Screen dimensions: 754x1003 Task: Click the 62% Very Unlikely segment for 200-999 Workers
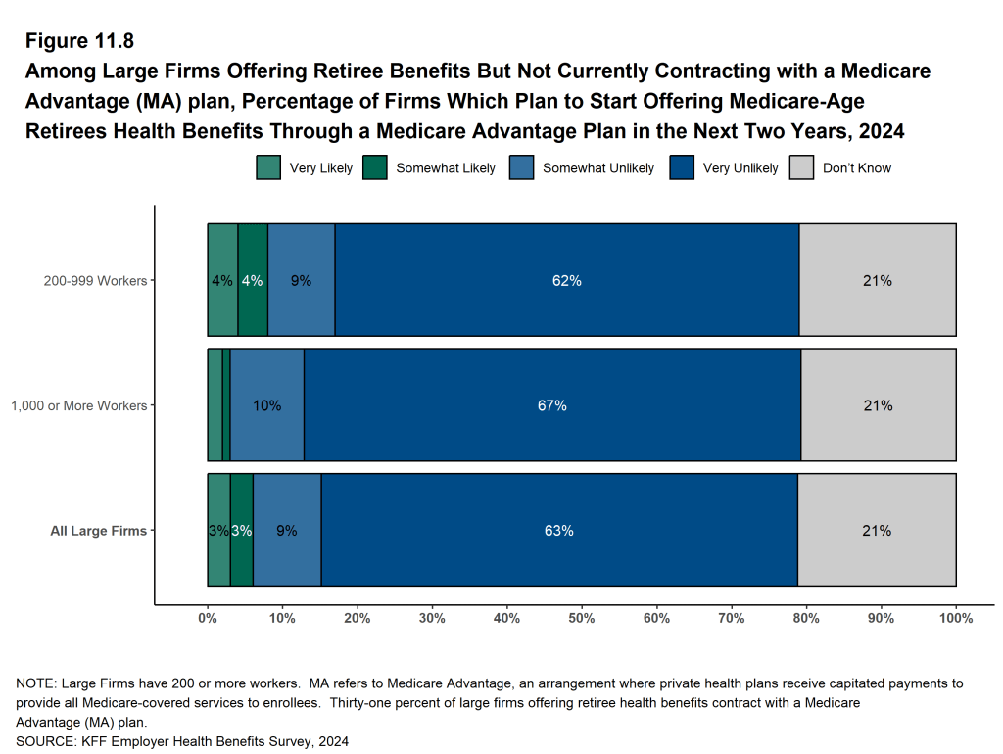(x=567, y=281)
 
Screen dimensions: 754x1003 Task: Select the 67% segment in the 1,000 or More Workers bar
(x=552, y=405)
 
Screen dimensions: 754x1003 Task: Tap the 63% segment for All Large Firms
(x=559, y=531)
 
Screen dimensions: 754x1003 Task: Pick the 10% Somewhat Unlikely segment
(x=266, y=405)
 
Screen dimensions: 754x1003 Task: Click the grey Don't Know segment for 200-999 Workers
(x=877, y=281)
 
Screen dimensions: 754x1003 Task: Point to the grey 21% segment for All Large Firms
(x=877, y=531)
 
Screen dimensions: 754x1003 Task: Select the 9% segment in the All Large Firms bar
(x=286, y=531)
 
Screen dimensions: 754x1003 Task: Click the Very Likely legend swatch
(x=269, y=168)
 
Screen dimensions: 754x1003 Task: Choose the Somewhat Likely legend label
(x=445, y=168)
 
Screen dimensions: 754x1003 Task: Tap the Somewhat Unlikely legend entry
(x=597, y=168)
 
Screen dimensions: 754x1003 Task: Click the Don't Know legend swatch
(x=802, y=168)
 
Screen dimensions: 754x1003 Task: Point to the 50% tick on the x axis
(x=582, y=619)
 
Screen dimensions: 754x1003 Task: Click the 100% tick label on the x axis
(x=955, y=619)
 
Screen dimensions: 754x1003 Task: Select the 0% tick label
(x=208, y=619)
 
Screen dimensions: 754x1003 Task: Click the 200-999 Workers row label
(x=95, y=281)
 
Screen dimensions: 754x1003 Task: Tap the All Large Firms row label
(x=98, y=531)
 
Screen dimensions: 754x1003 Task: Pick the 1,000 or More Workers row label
(x=78, y=405)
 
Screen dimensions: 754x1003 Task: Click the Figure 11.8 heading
(x=79, y=41)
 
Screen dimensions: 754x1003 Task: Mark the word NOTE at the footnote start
(x=34, y=683)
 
